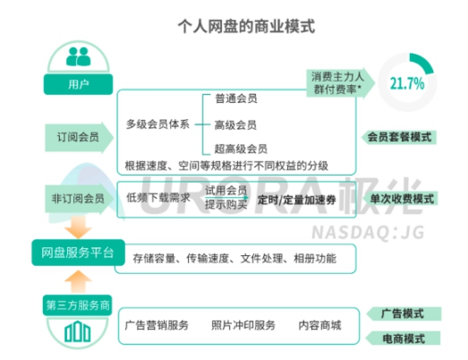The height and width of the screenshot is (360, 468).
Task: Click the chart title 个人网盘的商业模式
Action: pyautogui.click(x=246, y=26)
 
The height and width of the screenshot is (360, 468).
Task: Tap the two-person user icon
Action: pyautogui.click(x=78, y=56)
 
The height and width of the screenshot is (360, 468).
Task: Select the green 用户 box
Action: pyautogui.click(x=78, y=84)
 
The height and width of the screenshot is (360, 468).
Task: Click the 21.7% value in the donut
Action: pyautogui.click(x=407, y=83)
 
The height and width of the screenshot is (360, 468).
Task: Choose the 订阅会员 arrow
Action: pyautogui.click(x=79, y=137)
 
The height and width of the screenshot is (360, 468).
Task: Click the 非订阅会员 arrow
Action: pyautogui.click(x=79, y=199)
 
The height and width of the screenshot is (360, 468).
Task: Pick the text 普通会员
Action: pyautogui.click(x=236, y=99)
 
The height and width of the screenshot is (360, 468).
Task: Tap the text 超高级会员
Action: pyautogui.click(x=241, y=149)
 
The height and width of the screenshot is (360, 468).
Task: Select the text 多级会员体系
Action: pyautogui.click(x=157, y=124)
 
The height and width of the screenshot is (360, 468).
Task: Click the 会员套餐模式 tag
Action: pyautogui.click(x=399, y=137)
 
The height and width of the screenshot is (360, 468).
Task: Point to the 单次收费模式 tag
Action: pyautogui.click(x=401, y=199)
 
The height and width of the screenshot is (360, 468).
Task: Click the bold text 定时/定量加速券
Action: pyautogui.click(x=297, y=200)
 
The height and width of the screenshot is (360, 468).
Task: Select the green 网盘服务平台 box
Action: pyautogui.click(x=78, y=253)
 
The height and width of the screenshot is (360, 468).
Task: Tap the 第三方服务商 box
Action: pyautogui.click(x=78, y=305)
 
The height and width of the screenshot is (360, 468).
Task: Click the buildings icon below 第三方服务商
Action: pyautogui.click(x=78, y=331)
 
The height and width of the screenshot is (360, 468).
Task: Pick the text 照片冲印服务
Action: pyautogui.click(x=243, y=325)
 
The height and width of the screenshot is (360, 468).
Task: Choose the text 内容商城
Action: pyautogui.click(x=319, y=325)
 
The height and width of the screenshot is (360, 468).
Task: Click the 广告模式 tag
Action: pyautogui.click(x=404, y=313)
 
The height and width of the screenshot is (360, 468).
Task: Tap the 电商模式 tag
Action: pyautogui.click(x=403, y=339)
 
